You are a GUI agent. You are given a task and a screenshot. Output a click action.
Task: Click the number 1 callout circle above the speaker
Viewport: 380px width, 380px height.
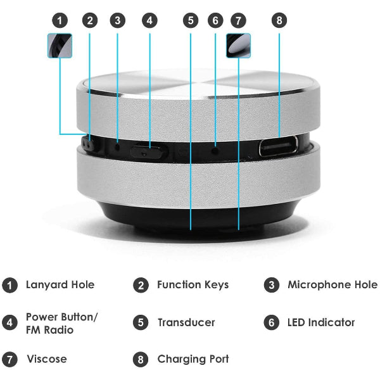point(60,20)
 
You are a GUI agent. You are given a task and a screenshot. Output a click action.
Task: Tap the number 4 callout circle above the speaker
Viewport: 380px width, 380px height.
point(149,20)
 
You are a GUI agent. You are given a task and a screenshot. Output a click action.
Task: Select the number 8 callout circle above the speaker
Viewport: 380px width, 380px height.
point(279,20)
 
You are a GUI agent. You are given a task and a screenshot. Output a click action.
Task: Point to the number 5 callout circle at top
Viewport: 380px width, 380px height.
point(191,20)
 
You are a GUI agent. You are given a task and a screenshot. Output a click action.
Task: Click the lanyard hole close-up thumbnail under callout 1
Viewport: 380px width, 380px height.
point(60,46)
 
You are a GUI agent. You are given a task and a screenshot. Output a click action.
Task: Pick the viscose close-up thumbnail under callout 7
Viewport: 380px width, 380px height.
point(238,46)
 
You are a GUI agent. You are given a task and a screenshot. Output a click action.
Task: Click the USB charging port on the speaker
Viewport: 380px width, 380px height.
point(279,148)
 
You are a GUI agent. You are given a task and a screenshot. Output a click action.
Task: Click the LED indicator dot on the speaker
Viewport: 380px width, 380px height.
point(215,149)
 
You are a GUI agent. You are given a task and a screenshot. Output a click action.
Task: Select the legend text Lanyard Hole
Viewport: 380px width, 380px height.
point(60,285)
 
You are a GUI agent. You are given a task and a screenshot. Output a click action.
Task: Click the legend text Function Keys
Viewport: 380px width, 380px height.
point(193,285)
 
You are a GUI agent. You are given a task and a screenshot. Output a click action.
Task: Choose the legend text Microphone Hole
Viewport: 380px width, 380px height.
point(332,285)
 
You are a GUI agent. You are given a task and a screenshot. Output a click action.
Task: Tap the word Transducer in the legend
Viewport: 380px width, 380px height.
point(186,322)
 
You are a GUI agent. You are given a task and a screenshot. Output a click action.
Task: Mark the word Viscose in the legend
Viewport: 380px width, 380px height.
point(46,359)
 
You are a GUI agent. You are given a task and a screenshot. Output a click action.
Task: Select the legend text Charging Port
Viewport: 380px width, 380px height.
point(193,359)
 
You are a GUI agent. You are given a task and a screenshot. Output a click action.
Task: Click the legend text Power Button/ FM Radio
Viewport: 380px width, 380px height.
point(61,323)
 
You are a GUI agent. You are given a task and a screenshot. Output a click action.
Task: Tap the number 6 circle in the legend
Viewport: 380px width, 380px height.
point(271,322)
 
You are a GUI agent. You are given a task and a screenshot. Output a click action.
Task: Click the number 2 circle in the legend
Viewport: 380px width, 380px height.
point(141,285)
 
